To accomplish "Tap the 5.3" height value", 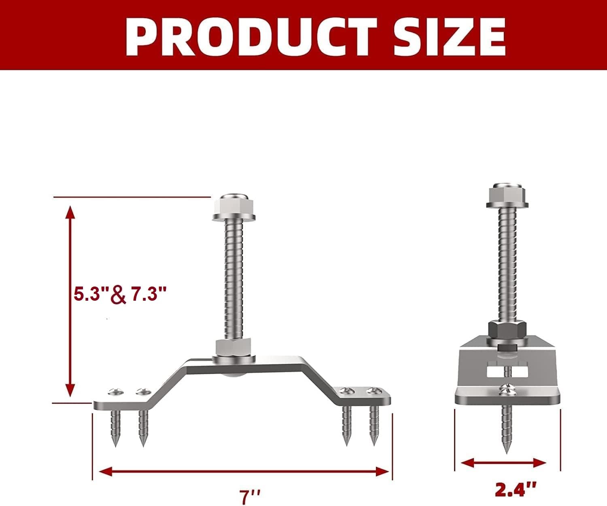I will (89, 295).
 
